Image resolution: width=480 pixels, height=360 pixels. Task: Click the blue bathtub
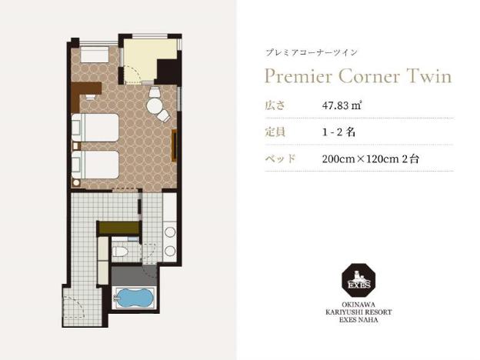[134, 297]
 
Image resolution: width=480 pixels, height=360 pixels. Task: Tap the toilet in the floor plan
[120, 252]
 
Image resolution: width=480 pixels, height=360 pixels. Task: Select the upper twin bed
[95, 128]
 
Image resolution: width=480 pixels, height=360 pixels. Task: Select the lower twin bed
[95, 165]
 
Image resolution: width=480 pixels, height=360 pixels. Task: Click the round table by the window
[155, 106]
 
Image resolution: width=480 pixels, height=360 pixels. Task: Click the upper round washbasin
[170, 232]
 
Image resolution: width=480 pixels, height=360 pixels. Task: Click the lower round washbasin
[170, 252]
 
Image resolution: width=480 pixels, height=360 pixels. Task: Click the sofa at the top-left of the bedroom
[95, 55]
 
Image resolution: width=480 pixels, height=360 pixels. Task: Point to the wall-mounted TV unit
[175, 145]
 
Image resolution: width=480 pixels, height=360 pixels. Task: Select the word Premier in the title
[298, 75]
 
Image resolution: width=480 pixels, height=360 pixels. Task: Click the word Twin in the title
[429, 75]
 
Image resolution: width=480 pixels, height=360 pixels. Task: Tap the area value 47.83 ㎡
[342, 105]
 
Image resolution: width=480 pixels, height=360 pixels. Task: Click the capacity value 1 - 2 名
[338, 132]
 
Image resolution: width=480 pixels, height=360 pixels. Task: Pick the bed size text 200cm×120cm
[360, 159]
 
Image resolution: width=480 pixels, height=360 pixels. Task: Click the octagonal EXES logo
[358, 280]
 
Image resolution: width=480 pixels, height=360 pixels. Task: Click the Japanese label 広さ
[275, 105]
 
